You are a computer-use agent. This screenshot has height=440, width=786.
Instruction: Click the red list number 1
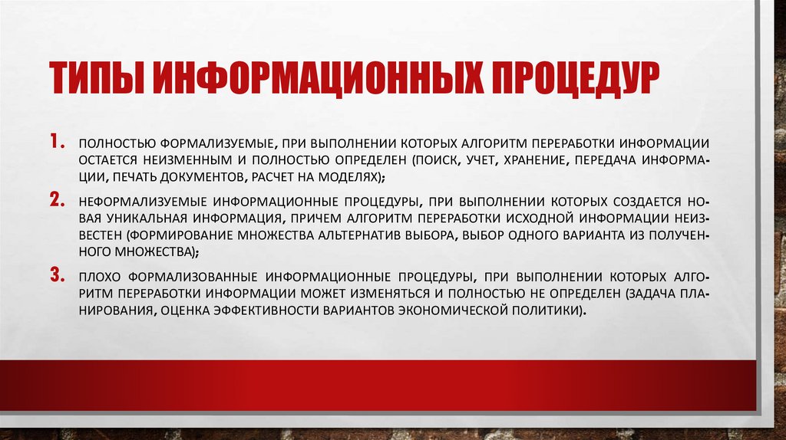58,143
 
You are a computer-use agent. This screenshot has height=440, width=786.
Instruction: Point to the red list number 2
58,201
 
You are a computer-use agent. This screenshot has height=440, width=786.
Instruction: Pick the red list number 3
58,274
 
